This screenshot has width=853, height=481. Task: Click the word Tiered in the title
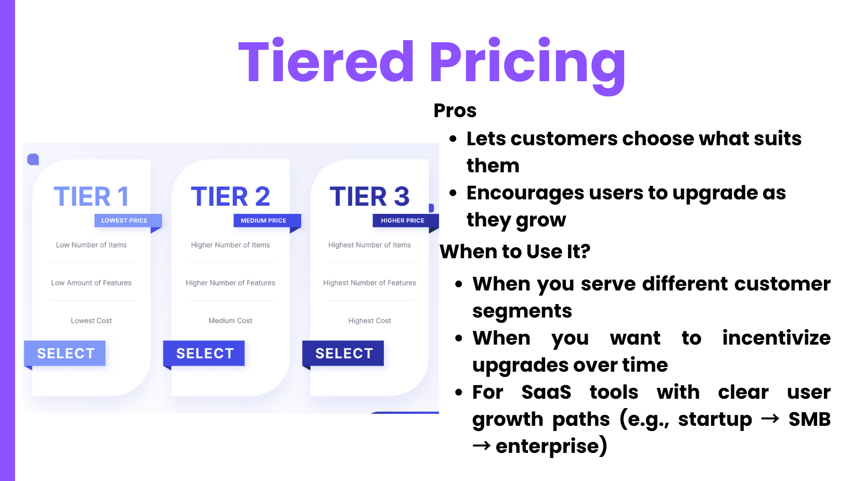(x=326, y=61)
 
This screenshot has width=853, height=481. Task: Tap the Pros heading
(x=455, y=111)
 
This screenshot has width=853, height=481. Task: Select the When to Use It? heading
(x=515, y=251)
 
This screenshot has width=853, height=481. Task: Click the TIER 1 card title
(x=92, y=196)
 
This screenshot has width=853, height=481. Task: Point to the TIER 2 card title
(x=230, y=196)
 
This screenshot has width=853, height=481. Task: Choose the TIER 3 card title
(x=369, y=196)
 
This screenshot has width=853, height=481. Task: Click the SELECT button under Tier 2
(x=204, y=353)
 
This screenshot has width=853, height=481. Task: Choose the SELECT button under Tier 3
(x=343, y=353)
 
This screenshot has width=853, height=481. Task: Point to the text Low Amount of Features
(x=92, y=283)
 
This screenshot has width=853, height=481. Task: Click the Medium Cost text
(x=230, y=321)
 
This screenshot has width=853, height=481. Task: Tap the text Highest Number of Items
(x=369, y=245)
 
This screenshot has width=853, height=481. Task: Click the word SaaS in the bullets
(x=546, y=392)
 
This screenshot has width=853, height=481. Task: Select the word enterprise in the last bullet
(x=551, y=446)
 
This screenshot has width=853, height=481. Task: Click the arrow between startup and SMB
(x=770, y=419)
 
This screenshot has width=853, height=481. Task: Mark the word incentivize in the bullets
(x=777, y=338)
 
